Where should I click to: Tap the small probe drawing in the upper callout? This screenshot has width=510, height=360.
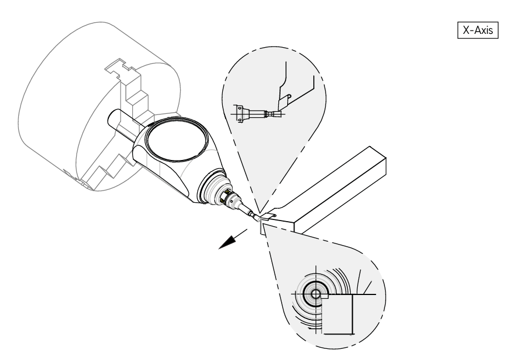tap(253, 113)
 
